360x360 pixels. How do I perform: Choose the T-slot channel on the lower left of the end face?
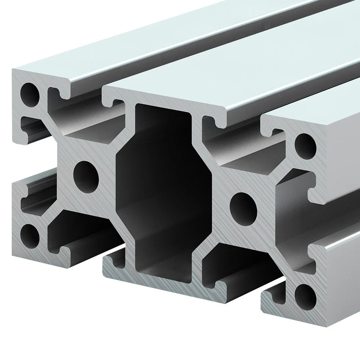pos(81,234)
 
